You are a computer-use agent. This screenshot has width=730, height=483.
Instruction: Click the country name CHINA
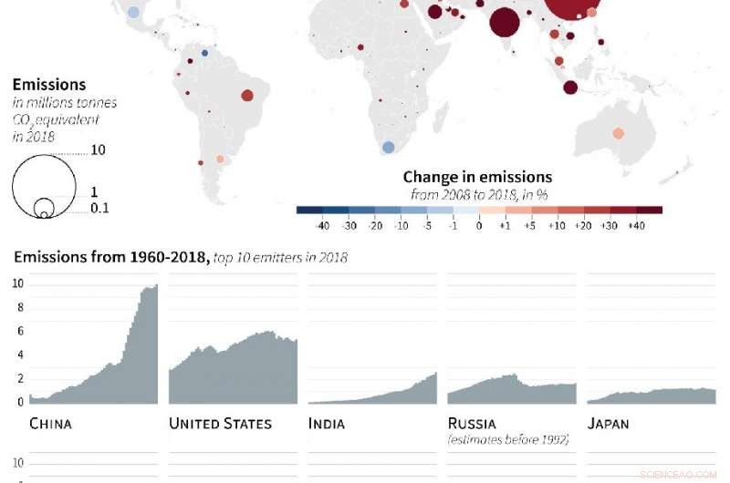[50, 424]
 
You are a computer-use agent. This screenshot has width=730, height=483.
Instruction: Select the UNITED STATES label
[221, 424]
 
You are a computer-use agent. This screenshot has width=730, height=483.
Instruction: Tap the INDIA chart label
[327, 424]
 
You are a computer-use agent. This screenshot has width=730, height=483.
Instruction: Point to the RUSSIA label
[473, 424]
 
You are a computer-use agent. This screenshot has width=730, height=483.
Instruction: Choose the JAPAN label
[608, 424]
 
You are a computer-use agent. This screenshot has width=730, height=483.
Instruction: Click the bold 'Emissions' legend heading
[49, 85]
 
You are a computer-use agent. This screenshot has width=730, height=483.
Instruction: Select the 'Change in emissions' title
[477, 177]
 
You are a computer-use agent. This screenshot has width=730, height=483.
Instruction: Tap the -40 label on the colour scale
[321, 225]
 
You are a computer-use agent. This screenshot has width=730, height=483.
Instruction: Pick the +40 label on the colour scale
[636, 225]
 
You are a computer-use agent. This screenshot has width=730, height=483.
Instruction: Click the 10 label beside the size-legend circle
[99, 149]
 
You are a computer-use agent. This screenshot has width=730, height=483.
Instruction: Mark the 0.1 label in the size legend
[99, 209]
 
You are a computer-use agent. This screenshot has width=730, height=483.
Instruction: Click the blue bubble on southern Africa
[388, 147]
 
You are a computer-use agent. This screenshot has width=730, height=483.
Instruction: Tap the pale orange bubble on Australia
[618, 133]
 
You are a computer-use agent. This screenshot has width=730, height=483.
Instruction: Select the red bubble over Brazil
[247, 95]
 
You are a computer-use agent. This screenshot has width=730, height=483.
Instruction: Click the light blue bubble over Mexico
[134, 13]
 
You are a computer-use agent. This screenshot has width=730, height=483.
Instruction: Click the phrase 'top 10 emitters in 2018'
[280, 258]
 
